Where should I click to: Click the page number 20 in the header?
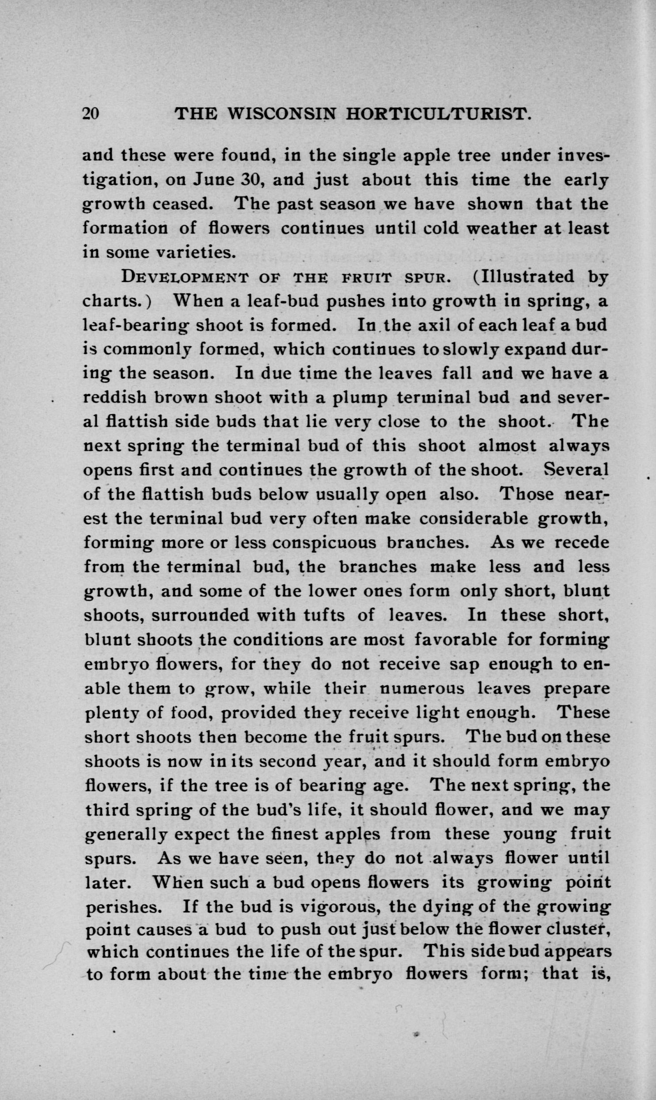click(x=91, y=114)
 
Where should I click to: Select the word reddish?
click(x=115, y=397)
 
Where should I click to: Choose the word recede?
click(x=582, y=542)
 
